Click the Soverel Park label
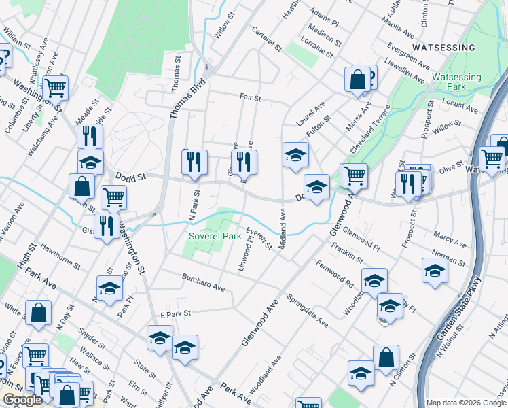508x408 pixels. tap(215, 237)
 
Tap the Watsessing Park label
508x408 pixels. tap(456, 82)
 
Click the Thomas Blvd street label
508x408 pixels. tap(178, 99)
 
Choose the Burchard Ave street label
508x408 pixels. tap(202, 282)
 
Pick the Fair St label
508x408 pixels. tap(250, 98)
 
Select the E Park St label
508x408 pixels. tap(177, 315)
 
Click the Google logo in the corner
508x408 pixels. tap(22, 400)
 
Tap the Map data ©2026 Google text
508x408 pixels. tap(466, 403)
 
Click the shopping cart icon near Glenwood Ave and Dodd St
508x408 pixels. tap(354, 175)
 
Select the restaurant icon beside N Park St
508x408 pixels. tap(194, 161)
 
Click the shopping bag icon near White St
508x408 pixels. tap(39, 313)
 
